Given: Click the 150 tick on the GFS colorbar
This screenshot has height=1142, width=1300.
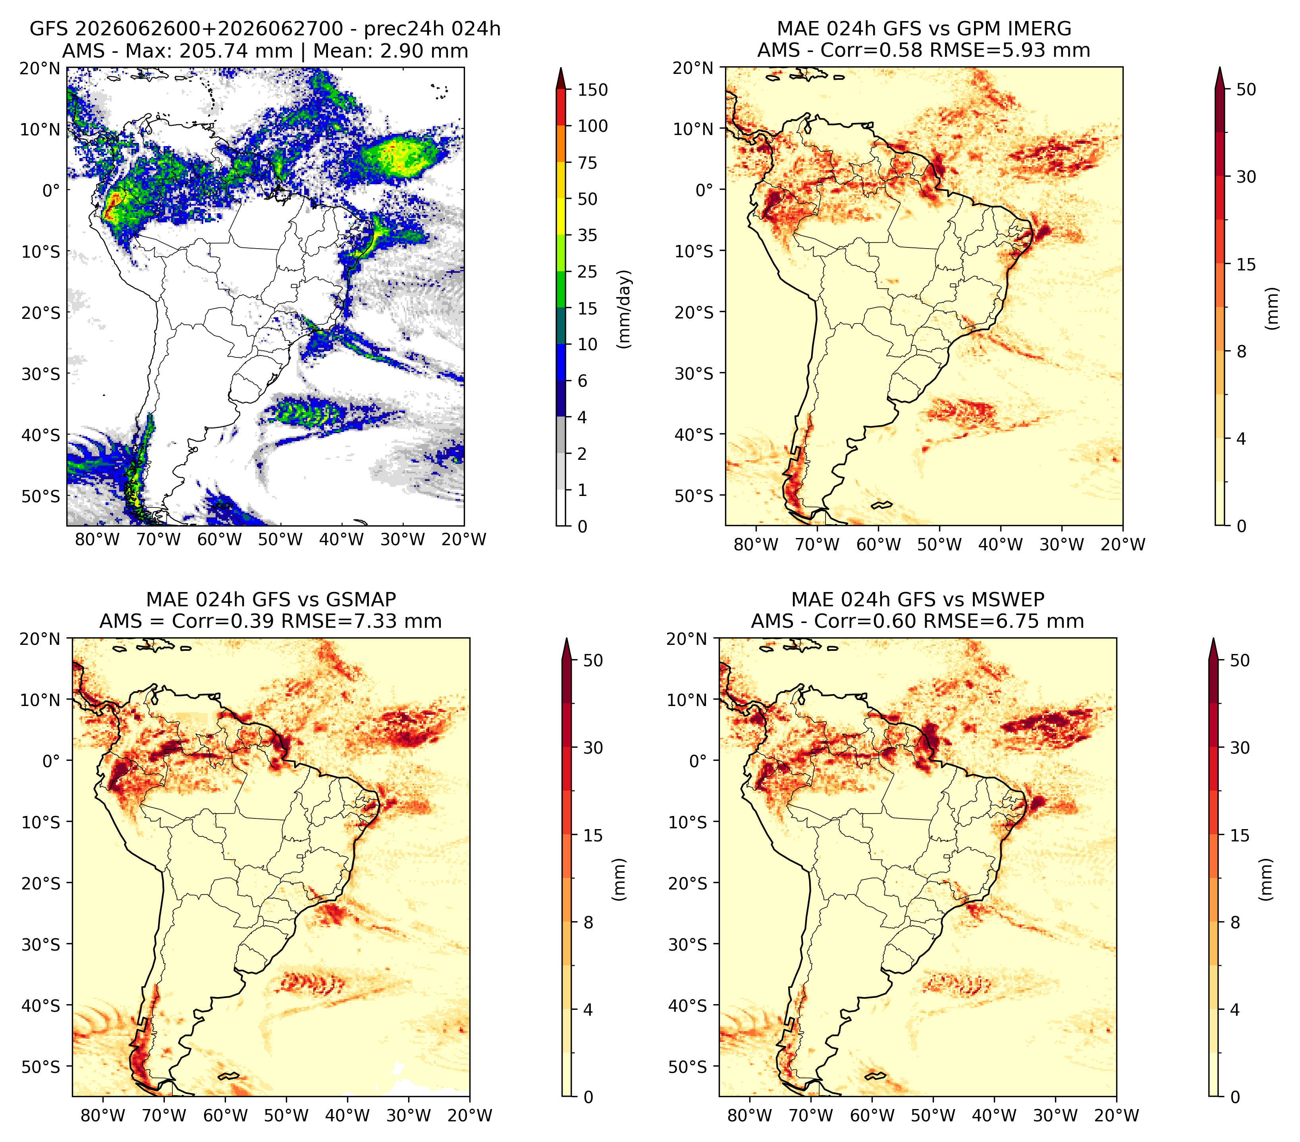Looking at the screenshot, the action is click(x=592, y=90).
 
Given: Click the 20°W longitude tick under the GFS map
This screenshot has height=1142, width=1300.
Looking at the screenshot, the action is click(x=464, y=540).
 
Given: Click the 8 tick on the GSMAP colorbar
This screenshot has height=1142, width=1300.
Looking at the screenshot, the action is click(x=588, y=923).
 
